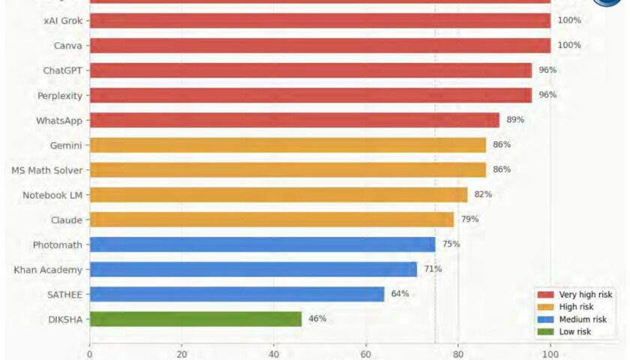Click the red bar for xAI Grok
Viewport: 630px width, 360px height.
319,21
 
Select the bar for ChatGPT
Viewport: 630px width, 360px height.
310,70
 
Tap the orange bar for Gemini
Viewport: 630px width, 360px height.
287,145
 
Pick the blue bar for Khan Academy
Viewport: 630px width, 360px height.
253,269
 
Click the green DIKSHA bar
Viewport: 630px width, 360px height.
195,319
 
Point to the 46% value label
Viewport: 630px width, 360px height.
317,319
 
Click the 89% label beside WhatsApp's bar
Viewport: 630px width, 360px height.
515,120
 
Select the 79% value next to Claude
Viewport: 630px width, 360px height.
469,219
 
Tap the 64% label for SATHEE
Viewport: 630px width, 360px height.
400,294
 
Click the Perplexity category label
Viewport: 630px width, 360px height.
60,95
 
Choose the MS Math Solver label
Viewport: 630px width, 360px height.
46,169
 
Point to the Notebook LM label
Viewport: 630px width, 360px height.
52,194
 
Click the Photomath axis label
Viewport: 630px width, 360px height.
57,244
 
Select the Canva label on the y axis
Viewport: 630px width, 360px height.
67,46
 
